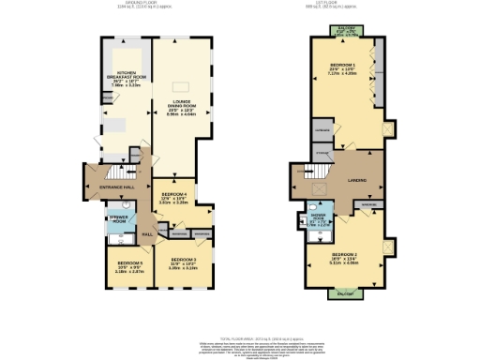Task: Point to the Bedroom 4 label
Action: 172,198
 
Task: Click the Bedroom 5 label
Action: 120,267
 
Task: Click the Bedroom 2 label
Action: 345,260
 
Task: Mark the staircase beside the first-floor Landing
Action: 313,172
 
